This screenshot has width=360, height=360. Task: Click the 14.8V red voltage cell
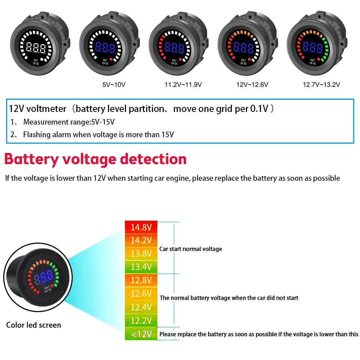click(141, 227)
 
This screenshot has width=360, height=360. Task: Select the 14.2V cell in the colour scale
click(141, 240)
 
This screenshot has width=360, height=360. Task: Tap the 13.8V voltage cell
click(141, 253)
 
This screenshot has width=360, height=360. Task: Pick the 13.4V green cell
click(141, 267)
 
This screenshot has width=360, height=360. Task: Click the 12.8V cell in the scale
click(141, 280)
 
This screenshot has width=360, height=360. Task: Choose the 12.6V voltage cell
click(141, 293)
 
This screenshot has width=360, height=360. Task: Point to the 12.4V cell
click(141, 307)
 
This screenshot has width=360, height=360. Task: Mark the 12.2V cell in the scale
click(141, 320)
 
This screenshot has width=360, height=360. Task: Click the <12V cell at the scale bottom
click(141, 334)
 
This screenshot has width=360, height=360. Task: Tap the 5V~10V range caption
click(114, 85)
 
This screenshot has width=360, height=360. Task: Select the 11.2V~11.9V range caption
click(183, 85)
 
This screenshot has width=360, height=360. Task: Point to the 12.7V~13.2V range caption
click(321, 85)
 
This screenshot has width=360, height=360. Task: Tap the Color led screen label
click(33, 325)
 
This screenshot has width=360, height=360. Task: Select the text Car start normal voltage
click(191, 249)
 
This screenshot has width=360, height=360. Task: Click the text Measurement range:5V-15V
click(69, 122)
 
